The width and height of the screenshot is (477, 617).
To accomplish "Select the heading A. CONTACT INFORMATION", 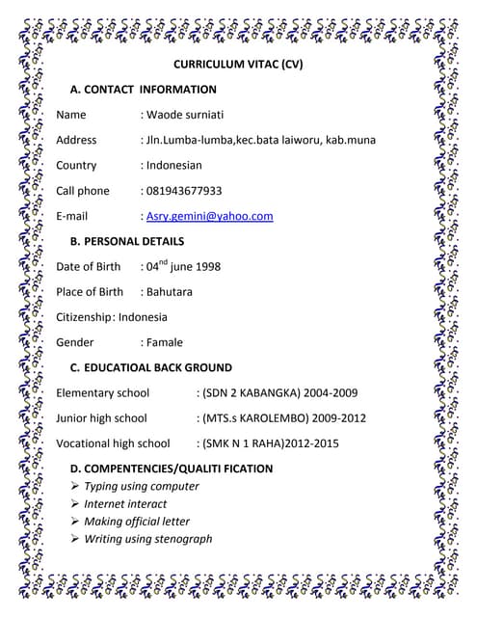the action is (144, 90).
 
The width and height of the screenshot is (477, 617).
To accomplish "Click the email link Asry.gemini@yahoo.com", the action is (209, 216).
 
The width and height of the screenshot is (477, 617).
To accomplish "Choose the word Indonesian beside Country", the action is (174, 166).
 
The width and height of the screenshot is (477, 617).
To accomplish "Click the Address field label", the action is (76, 141).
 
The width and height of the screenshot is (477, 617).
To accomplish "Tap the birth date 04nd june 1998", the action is (183, 266).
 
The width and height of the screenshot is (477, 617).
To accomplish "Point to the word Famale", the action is (164, 341).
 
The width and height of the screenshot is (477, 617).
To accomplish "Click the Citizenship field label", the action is (84, 316).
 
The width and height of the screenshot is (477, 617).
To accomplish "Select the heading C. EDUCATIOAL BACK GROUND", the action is (151, 367).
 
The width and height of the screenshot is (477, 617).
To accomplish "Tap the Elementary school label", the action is (103, 392).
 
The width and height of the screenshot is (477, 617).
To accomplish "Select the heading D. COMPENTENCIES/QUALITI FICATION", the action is (172, 469).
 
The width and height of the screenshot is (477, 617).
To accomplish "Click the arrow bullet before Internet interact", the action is (75, 504).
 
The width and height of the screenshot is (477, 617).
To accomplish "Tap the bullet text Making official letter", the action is (137, 522).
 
